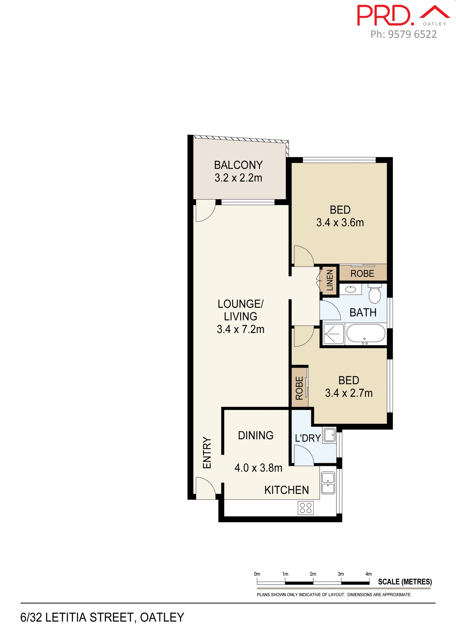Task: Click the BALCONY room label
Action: pyautogui.click(x=238, y=165)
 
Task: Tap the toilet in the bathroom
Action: pyautogui.click(x=374, y=294)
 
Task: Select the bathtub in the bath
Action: pyautogui.click(x=366, y=334)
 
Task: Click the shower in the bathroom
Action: pyautogui.click(x=333, y=334)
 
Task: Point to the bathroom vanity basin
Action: pyautogui.click(x=350, y=289)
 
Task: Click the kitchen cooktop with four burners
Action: pyautogui.click(x=306, y=508)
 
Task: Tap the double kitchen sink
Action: pyautogui.click(x=328, y=483)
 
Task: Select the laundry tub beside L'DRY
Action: pyautogui.click(x=329, y=435)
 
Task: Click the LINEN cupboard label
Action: pyautogui.click(x=330, y=280)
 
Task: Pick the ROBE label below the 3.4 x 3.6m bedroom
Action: pyautogui.click(x=362, y=274)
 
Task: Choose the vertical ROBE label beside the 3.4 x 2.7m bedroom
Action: pyautogui.click(x=299, y=388)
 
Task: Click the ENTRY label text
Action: pyautogui.click(x=207, y=453)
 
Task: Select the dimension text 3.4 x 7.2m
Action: pyautogui.click(x=240, y=329)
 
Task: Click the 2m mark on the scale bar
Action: pyautogui.click(x=313, y=574)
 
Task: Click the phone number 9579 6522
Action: pyautogui.click(x=412, y=34)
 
